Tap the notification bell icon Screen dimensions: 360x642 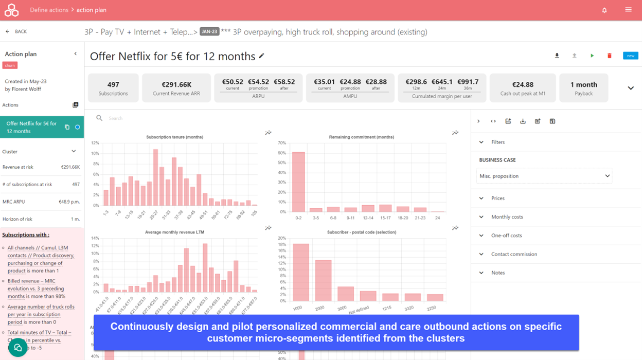pyautogui.click(x=604, y=10)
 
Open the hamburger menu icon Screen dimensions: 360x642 pyautogui.click(x=628, y=10)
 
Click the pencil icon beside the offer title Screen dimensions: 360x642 pyautogui.click(x=261, y=56)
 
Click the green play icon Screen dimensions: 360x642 pyautogui.click(x=592, y=56)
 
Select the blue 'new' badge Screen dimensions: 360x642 pyautogui.click(x=630, y=56)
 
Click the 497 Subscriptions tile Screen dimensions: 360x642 pyautogui.click(x=113, y=88)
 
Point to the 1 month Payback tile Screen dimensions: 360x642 pyautogui.click(x=583, y=88)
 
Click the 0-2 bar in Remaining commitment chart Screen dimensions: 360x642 pyautogui.click(x=298, y=182)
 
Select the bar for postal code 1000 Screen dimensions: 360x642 pyautogui.click(x=301, y=273)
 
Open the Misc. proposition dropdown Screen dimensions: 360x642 pyautogui.click(x=544, y=176)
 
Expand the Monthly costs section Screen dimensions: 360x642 pyautogui.click(x=507, y=217)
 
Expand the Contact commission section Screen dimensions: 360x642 pyautogui.click(x=513, y=254)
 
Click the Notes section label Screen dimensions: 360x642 pyautogui.click(x=498, y=273)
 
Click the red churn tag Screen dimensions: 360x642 pyautogui.click(x=10, y=65)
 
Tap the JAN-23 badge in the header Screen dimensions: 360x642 pyautogui.click(x=209, y=32)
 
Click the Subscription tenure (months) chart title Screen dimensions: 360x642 pyautogui.click(x=174, y=137)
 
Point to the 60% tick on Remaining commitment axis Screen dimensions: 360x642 pyautogui.click(x=281, y=153)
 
